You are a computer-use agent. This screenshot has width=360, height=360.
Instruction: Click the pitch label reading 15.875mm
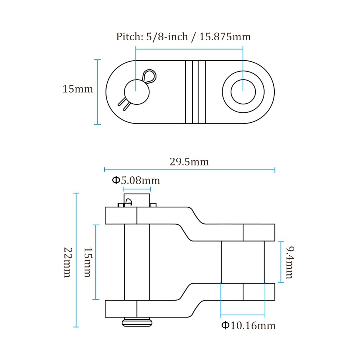coord(225,37)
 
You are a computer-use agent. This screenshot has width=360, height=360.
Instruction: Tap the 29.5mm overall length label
coord(189,162)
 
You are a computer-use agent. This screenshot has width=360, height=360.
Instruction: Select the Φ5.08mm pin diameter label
coord(136,180)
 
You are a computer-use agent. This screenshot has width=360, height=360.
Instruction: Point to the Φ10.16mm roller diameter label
coord(248,325)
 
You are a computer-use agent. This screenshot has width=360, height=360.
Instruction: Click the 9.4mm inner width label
coord(289,262)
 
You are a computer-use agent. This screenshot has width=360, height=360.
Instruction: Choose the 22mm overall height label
coord(68,262)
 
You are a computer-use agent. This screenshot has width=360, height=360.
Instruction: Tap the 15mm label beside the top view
coord(78,89)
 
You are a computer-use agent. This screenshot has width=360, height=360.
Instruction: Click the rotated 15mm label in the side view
coord(88,262)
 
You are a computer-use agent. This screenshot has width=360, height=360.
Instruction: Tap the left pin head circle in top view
coord(137,92)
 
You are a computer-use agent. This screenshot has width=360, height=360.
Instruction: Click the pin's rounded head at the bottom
coord(137,322)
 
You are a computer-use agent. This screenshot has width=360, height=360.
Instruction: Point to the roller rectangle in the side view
coord(243,262)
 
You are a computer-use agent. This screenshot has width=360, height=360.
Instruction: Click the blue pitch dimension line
coord(189,49)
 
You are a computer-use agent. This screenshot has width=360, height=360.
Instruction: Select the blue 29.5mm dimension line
coord(189,170)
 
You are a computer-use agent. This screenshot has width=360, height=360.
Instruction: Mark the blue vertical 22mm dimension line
coord(76,260)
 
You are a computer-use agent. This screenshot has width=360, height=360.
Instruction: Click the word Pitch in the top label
coord(130,37)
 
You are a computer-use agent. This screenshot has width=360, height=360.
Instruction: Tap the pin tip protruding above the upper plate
coord(137,200)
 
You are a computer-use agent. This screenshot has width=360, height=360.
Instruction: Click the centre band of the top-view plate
coord(195,92)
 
